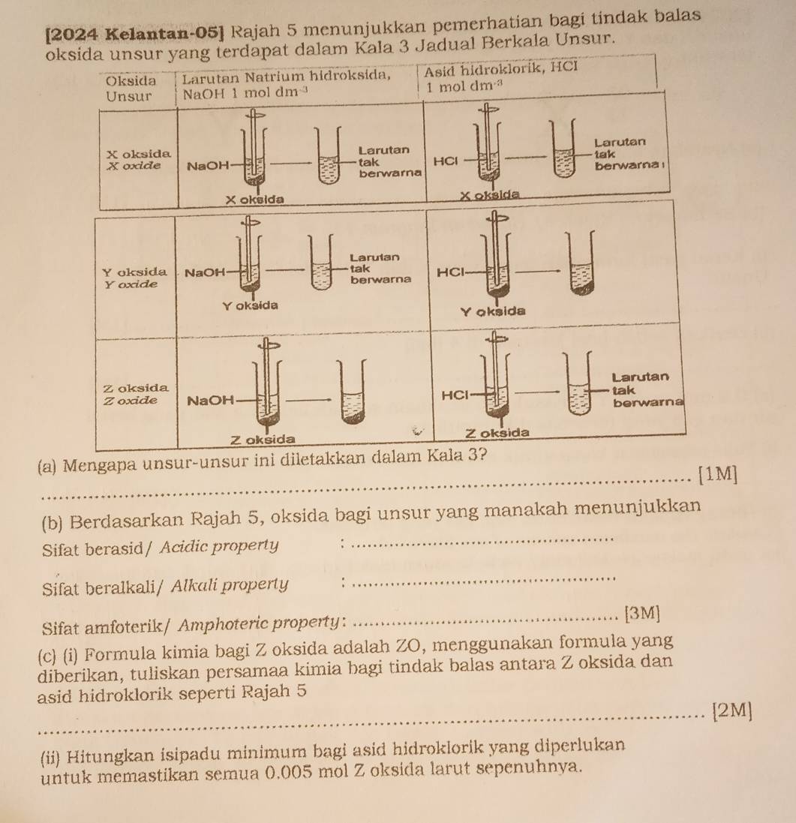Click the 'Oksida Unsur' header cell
point(132,87)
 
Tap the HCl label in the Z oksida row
point(455,394)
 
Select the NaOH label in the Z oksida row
point(210,401)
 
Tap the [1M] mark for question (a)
point(717,473)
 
